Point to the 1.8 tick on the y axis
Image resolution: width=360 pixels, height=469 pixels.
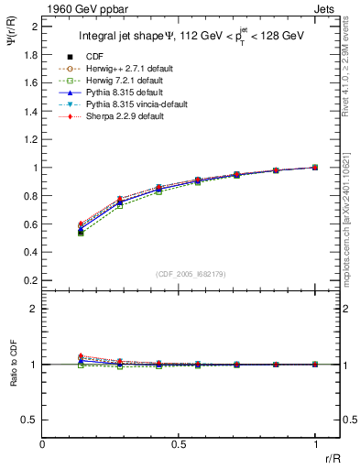[x=30, y=54]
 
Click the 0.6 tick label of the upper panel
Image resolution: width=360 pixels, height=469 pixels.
[x=30, y=224]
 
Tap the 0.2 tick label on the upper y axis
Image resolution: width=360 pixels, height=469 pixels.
[x=30, y=281]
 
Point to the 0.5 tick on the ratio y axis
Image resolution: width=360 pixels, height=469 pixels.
[x=30, y=420]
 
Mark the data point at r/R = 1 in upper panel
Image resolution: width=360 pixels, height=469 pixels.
[x=315, y=168]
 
